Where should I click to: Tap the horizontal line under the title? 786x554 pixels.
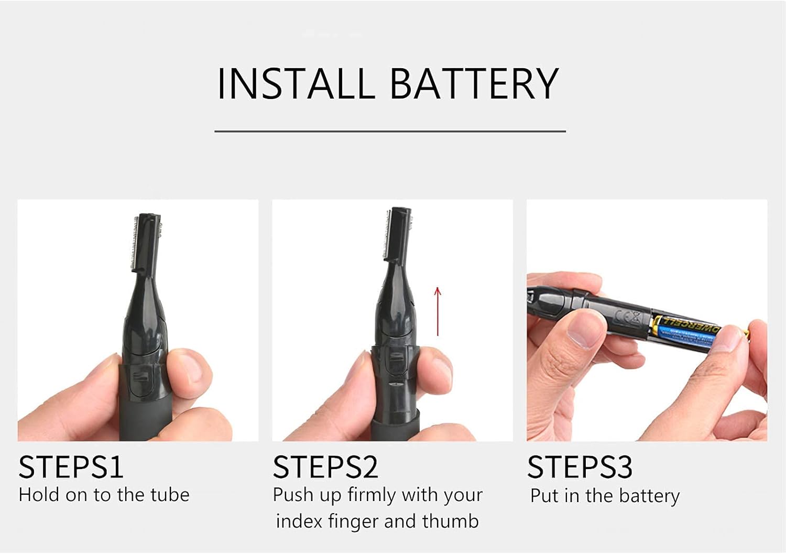390,132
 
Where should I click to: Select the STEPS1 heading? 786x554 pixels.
71,467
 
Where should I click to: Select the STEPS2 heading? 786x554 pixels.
325,467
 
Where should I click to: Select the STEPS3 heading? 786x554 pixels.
580,467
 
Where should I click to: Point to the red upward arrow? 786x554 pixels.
438,311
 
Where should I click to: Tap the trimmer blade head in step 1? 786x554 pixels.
146,242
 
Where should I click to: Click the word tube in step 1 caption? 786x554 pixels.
170,495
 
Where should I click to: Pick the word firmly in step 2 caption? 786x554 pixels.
372,495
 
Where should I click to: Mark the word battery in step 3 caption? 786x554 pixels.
649,496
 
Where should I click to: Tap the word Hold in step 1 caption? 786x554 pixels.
39,495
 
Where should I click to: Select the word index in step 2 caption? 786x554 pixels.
299,522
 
